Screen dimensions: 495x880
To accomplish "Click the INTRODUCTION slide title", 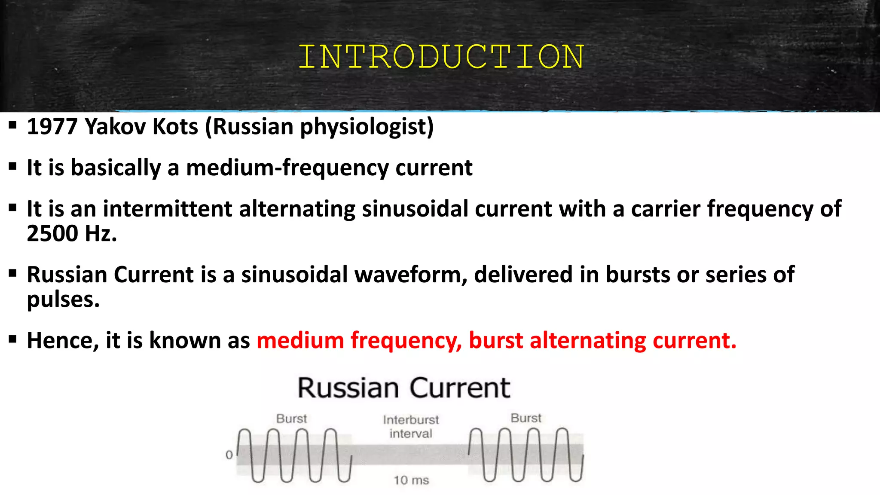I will pyautogui.click(x=441, y=57).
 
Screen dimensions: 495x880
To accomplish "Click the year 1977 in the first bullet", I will pyautogui.click(x=52, y=127).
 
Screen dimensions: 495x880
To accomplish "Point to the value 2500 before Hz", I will pyautogui.click(x=52, y=234).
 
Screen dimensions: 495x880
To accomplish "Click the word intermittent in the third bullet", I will pyautogui.click(x=167, y=209).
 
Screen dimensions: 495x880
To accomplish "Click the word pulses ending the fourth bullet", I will pyautogui.click(x=63, y=299).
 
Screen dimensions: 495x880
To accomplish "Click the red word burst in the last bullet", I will pyautogui.click(x=496, y=340).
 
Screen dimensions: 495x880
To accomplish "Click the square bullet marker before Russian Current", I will pyautogui.click(x=12, y=273).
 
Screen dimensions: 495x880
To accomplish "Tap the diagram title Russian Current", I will pyautogui.click(x=403, y=388).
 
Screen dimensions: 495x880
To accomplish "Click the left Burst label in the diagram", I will pyautogui.click(x=291, y=419).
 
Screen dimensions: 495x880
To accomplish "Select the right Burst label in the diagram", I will pyautogui.click(x=526, y=418).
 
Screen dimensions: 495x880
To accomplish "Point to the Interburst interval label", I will pyautogui.click(x=411, y=426).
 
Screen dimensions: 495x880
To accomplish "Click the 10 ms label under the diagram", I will pyautogui.click(x=411, y=480).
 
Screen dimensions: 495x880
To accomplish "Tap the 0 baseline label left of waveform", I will pyautogui.click(x=229, y=455).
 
